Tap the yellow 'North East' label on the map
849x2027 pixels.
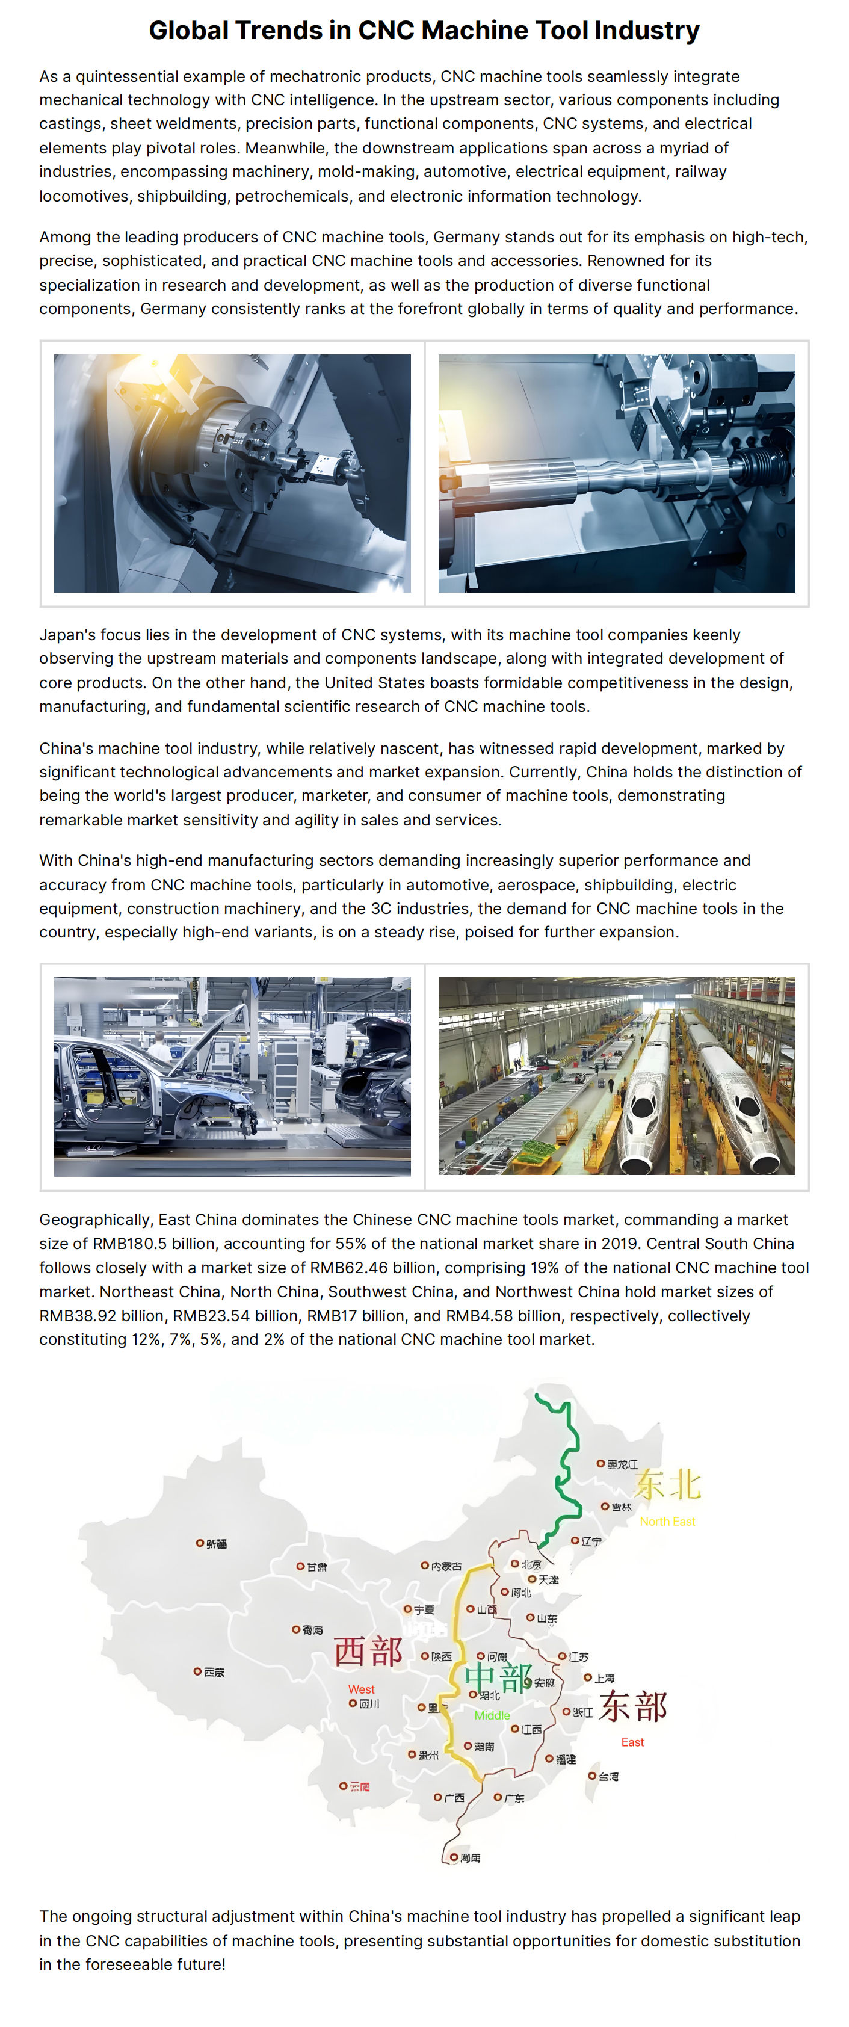pyautogui.click(x=667, y=1522)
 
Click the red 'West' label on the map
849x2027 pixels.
pyautogui.click(x=361, y=1689)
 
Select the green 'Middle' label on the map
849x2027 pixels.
pyautogui.click(x=492, y=1715)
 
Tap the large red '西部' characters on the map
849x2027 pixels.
pyautogui.click(x=368, y=1652)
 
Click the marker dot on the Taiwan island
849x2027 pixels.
pyautogui.click(x=593, y=1775)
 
